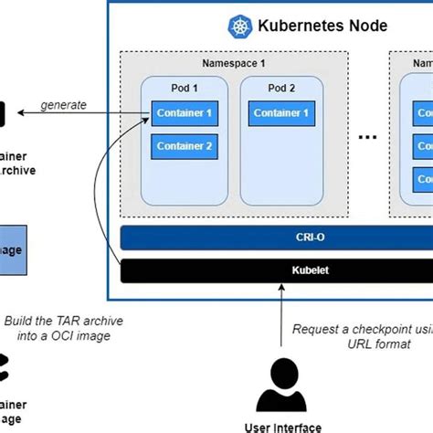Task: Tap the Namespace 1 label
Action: pyautogui.click(x=233, y=63)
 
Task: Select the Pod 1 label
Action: pyautogui.click(x=185, y=90)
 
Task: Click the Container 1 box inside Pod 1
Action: pyautogui.click(x=185, y=115)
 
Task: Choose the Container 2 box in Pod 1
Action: pyautogui.click(x=185, y=146)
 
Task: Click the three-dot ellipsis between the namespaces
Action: pyautogui.click(x=368, y=136)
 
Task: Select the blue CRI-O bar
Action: pyautogui.click(x=274, y=238)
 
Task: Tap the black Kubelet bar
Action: pyautogui.click(x=274, y=270)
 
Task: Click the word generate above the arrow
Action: pyautogui.click(x=63, y=104)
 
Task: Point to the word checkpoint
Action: pyautogui.click(x=385, y=329)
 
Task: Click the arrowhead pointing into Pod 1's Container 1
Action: pyautogui.click(x=149, y=116)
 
